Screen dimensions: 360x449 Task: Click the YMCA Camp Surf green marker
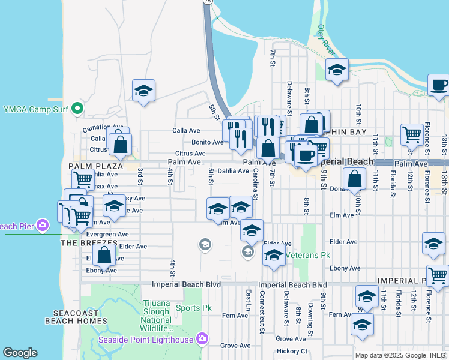(x=77, y=109)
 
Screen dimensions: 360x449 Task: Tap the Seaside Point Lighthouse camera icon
(x=202, y=340)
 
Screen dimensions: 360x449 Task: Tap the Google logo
(x=20, y=353)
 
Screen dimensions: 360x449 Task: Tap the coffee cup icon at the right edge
(x=439, y=85)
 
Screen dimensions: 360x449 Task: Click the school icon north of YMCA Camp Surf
(x=143, y=91)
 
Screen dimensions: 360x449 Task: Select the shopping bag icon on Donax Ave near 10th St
(x=355, y=178)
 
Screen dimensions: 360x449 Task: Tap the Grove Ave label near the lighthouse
(x=235, y=346)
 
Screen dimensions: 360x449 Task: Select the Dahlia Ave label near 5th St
(x=233, y=171)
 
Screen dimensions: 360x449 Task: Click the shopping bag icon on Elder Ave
(x=104, y=254)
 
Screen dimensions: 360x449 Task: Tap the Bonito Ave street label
(x=207, y=142)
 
